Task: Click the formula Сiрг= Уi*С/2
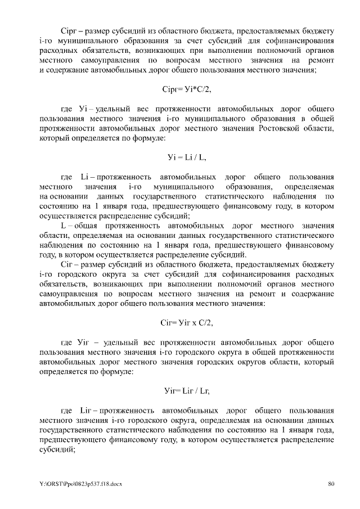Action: click(x=186, y=89)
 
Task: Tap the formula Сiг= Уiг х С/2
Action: click(x=186, y=323)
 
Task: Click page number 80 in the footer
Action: click(x=331, y=483)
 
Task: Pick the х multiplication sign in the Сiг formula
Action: click(x=192, y=323)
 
